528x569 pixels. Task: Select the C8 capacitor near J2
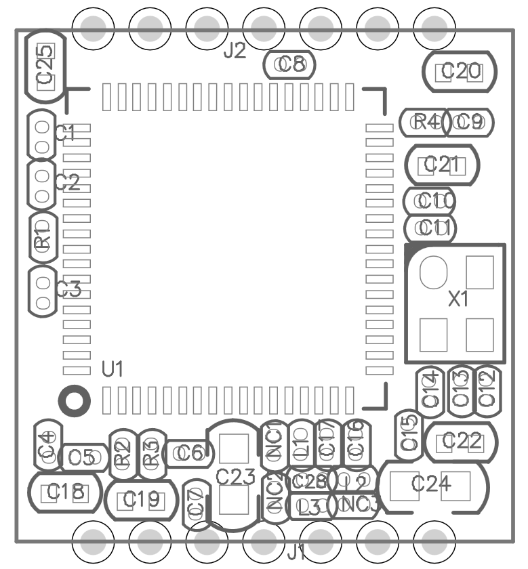coord(290,64)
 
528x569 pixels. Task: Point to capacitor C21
coord(443,165)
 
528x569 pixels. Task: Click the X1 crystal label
coord(459,298)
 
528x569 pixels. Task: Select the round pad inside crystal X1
coord(433,272)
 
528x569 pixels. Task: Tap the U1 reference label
coord(113,369)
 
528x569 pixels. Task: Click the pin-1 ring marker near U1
coord(73,400)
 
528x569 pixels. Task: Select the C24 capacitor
coord(432,484)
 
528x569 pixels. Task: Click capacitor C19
coord(141,500)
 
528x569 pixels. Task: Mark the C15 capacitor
coord(409,434)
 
